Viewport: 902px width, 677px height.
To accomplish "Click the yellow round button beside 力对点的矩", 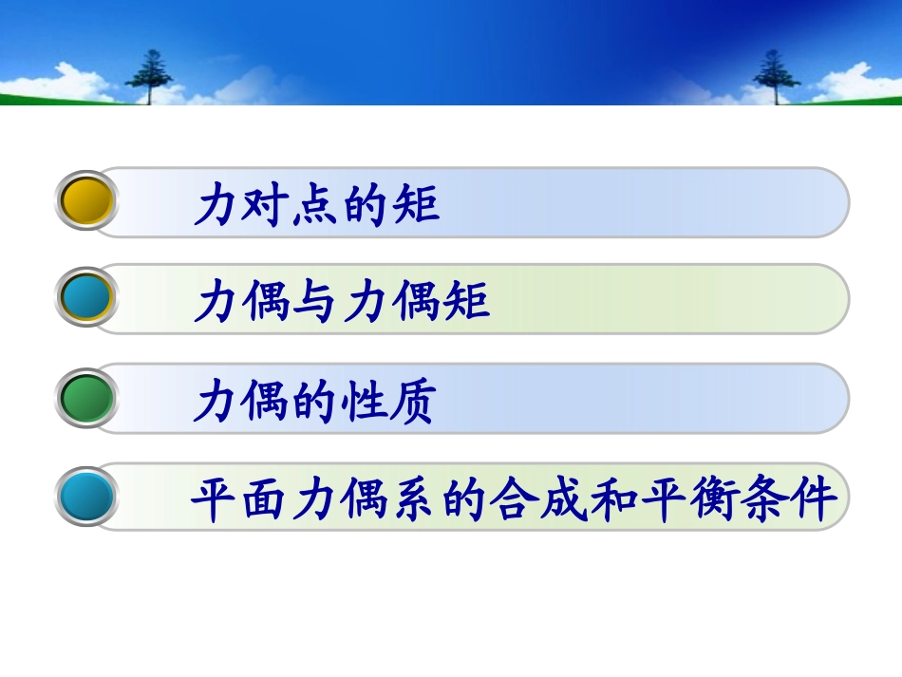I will click(x=87, y=200).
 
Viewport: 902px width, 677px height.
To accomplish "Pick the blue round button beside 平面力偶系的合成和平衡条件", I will click(x=87, y=497).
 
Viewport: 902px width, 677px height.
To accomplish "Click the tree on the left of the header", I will click(x=149, y=74).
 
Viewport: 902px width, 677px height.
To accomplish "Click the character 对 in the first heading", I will click(x=267, y=204).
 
